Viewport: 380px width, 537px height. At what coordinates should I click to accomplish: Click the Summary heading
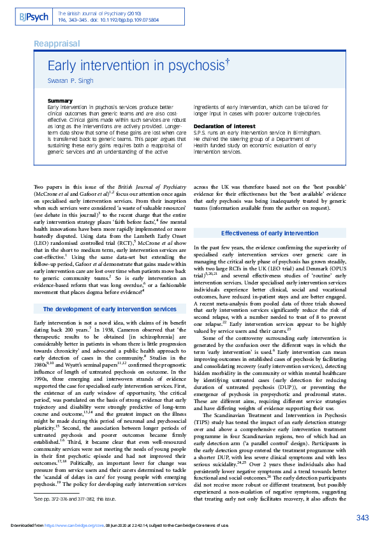(x=60, y=101)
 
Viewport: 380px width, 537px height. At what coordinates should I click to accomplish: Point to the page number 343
(x=362, y=517)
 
